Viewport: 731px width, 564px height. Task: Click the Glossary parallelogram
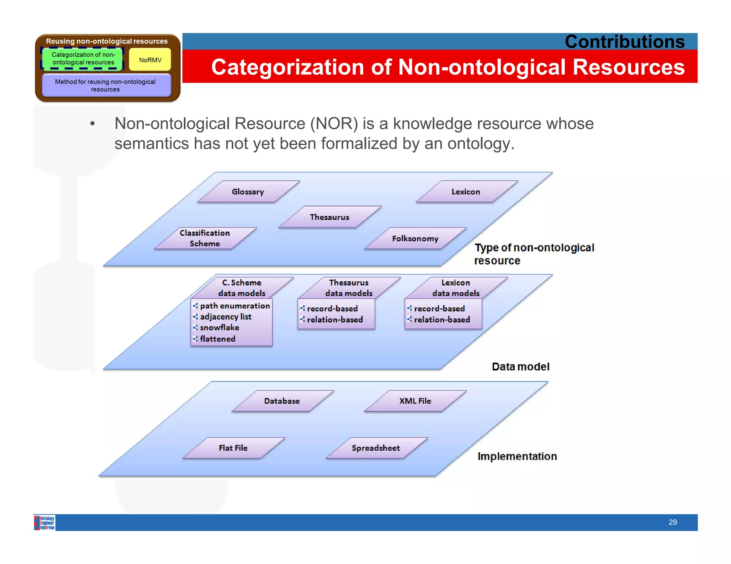point(248,192)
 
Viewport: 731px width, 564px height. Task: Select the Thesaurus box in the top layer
point(329,217)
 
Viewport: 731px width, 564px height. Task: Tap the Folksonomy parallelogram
point(415,239)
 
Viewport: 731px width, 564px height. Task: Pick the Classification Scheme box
point(205,238)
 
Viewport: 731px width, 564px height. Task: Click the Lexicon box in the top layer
point(466,192)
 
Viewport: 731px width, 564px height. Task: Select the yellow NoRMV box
point(150,60)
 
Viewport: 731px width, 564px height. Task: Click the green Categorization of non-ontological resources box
point(83,58)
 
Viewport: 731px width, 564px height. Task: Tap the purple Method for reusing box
point(106,86)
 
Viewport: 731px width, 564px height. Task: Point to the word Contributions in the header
point(625,42)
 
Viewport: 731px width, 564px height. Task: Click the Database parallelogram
point(282,401)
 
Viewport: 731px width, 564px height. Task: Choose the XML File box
point(415,401)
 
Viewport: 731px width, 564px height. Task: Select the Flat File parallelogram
point(233,448)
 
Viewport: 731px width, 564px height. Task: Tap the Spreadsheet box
point(376,448)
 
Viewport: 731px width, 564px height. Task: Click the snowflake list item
point(220,328)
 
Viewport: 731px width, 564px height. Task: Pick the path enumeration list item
point(235,306)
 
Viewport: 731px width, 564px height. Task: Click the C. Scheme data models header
point(242,288)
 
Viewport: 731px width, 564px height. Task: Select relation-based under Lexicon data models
point(442,320)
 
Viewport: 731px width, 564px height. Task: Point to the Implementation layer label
point(517,456)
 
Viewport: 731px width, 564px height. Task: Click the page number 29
point(672,522)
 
